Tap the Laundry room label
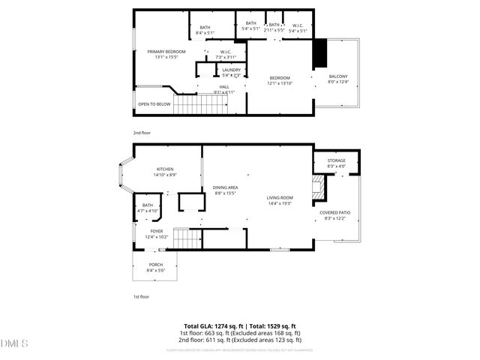click(231, 72)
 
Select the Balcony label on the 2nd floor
click(338, 79)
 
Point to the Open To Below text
click(154, 104)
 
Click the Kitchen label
click(165, 172)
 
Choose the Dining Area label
click(226, 190)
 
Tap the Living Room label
click(279, 201)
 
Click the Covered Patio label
click(334, 215)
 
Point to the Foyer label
click(156, 234)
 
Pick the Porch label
click(156, 266)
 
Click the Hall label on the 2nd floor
click(224, 89)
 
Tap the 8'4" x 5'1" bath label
click(205, 31)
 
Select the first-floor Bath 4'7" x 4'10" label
click(148, 208)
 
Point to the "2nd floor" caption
click(142, 133)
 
